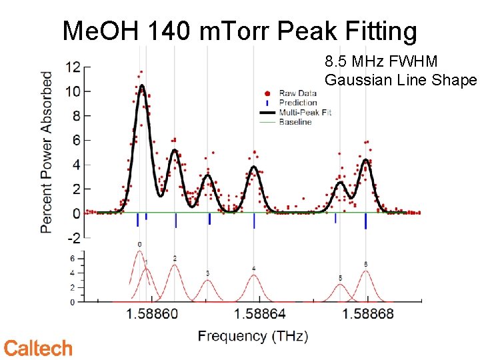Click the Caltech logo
click(38, 348)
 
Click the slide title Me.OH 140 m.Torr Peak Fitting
click(239, 31)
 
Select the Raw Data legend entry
click(297, 94)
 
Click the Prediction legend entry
click(297, 103)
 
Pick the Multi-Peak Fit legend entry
click(304, 113)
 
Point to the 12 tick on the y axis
click(73, 67)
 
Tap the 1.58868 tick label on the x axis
click(368, 314)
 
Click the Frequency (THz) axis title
click(253, 336)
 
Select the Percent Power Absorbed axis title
click(47, 152)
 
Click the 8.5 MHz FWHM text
click(381, 62)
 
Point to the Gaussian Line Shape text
click(401, 80)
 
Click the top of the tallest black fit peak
click(141, 85)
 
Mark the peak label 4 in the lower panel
click(253, 269)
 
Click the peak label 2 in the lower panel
click(175, 258)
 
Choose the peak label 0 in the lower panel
click(139, 245)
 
